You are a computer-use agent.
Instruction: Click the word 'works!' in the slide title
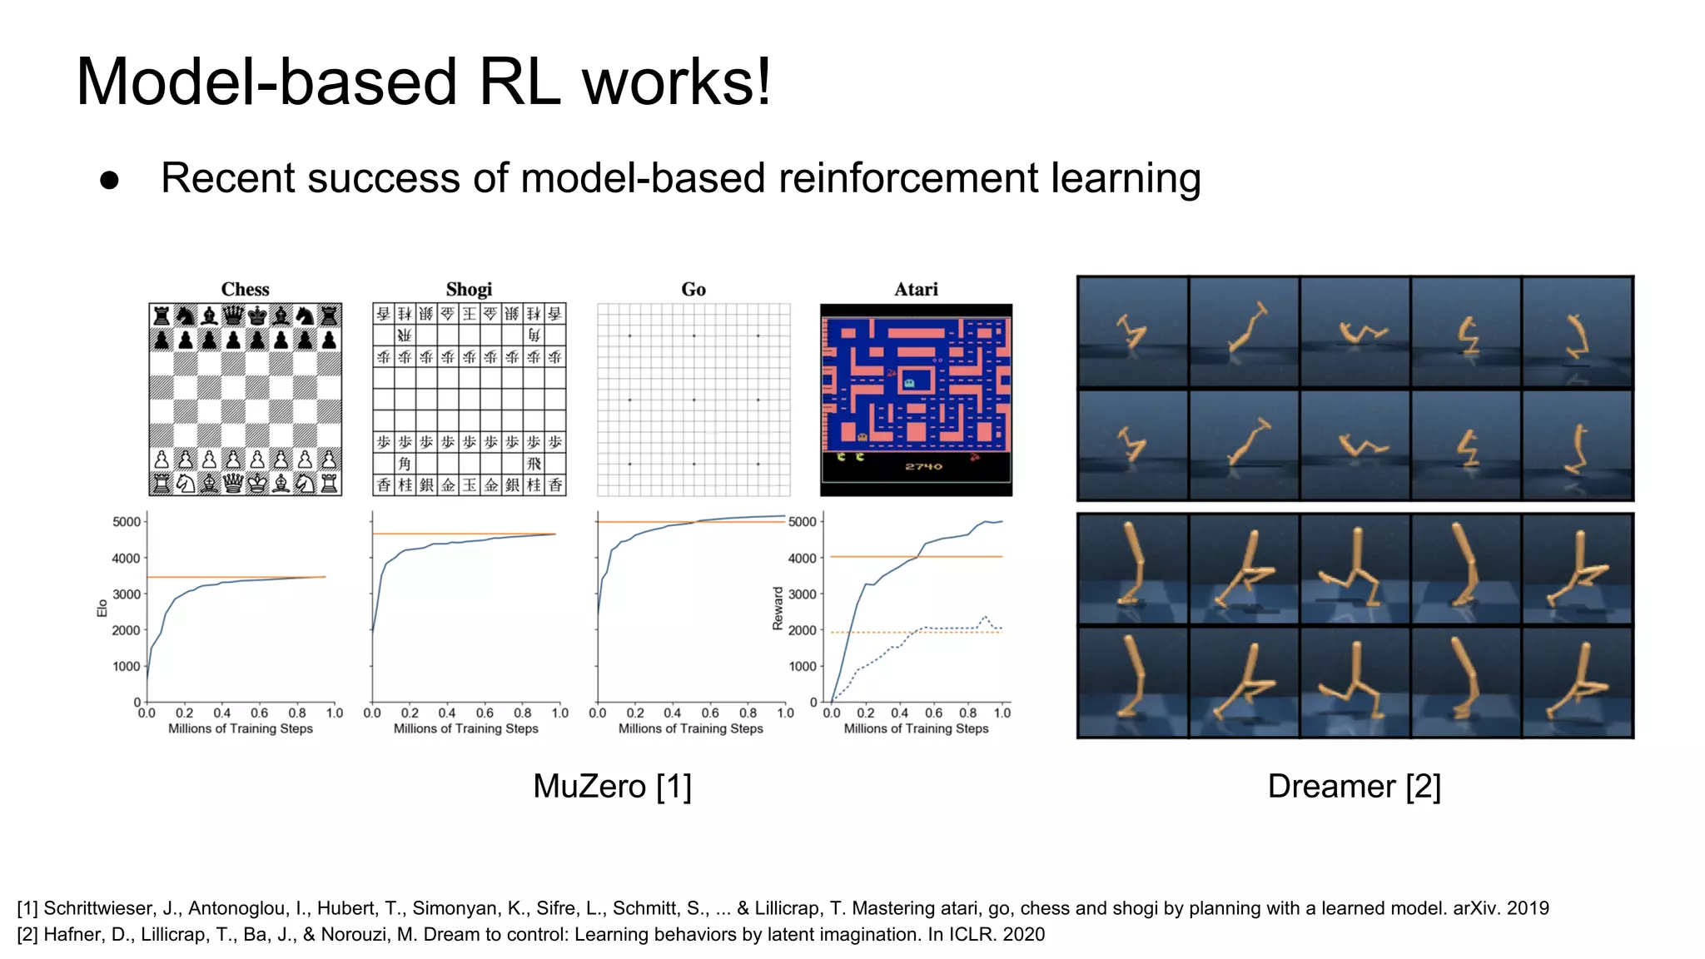click(x=676, y=82)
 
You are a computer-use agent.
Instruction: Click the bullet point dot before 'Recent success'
click(x=110, y=181)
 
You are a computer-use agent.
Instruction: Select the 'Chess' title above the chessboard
click(x=245, y=290)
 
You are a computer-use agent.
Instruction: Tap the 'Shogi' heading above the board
click(x=469, y=290)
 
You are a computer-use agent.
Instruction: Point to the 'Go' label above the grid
click(x=693, y=290)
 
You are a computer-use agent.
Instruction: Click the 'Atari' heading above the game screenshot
click(x=916, y=290)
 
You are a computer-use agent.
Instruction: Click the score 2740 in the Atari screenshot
click(x=923, y=466)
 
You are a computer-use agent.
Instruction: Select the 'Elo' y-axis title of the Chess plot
click(x=102, y=608)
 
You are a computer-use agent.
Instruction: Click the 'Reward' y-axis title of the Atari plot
click(x=778, y=608)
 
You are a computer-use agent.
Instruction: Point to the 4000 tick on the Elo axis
click(x=127, y=558)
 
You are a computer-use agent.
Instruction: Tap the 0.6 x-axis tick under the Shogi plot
click(x=485, y=713)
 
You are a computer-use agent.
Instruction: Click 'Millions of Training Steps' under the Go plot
click(x=690, y=728)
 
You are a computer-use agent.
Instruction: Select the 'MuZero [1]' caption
click(x=612, y=786)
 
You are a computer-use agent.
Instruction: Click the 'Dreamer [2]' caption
click(x=1354, y=786)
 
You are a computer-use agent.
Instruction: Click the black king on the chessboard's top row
click(x=257, y=316)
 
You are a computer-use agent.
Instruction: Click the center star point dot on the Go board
click(x=693, y=400)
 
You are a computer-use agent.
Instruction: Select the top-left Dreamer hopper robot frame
click(x=1132, y=331)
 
